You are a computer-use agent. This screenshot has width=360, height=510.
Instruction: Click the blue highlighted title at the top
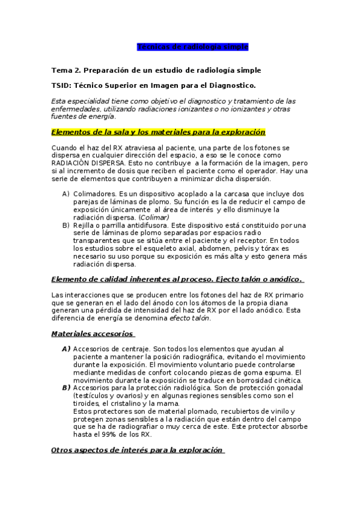pyautogui.click(x=193, y=46)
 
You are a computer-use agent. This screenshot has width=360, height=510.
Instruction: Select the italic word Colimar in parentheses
pyautogui.click(x=154, y=217)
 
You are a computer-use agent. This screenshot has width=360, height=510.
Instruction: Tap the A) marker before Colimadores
pyautogui.click(x=66, y=194)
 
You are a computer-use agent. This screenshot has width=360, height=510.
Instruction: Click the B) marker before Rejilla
pyautogui.click(x=66, y=225)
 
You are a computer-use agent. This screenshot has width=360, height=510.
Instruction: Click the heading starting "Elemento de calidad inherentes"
pyautogui.click(x=177, y=279)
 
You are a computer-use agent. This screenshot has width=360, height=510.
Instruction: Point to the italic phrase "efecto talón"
pyautogui.click(x=189, y=318)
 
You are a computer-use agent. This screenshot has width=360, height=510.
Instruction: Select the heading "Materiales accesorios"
pyautogui.click(x=93, y=334)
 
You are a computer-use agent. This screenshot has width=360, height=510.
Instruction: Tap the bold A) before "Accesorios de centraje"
pyautogui.click(x=66, y=349)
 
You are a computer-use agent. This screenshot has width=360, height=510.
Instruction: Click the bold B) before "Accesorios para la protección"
pyautogui.click(x=66, y=388)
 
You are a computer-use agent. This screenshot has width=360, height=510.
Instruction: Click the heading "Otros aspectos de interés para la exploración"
pyautogui.click(x=138, y=450)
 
